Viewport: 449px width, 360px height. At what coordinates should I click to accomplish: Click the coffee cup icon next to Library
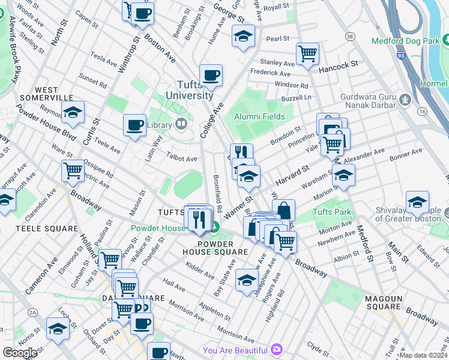click(135, 125)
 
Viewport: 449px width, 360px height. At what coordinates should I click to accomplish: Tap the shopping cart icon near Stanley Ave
click(307, 53)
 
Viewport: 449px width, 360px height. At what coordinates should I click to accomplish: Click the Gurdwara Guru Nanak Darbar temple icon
click(405, 99)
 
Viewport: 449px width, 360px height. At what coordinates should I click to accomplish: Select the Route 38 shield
click(349, 37)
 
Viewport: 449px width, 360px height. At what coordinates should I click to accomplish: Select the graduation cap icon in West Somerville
click(73, 112)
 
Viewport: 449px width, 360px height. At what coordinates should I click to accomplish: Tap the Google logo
click(20, 353)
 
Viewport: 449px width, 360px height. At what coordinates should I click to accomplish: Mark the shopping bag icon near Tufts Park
click(284, 210)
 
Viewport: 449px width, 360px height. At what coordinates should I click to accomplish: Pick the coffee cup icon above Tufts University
click(211, 76)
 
